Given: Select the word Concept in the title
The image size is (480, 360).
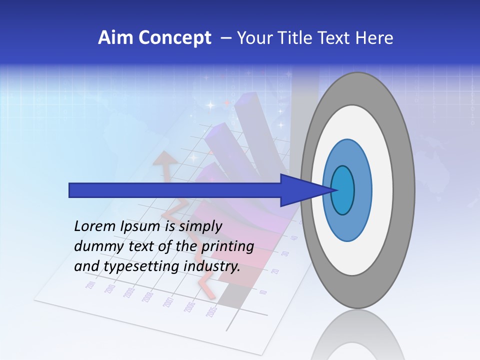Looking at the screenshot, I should click(175, 38).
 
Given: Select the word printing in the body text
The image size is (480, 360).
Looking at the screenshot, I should click(227, 246).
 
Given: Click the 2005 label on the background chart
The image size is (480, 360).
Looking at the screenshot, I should click(211, 311).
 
